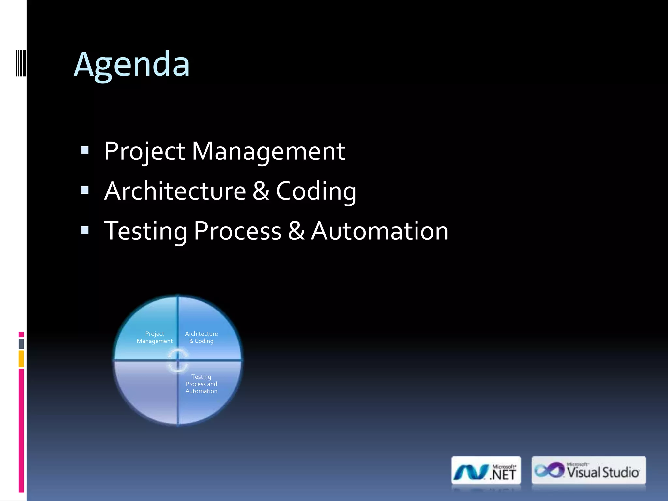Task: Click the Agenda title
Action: click(131, 65)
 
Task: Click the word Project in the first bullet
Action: click(144, 151)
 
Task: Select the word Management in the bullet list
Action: click(268, 151)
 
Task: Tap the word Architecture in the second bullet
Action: click(175, 191)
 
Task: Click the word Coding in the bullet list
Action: click(316, 191)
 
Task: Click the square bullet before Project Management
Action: click(84, 150)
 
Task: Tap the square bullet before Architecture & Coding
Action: click(84, 190)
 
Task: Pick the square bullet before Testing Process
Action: click(84, 230)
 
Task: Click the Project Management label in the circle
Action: click(155, 337)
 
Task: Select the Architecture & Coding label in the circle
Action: click(201, 337)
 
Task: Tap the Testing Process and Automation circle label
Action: click(201, 384)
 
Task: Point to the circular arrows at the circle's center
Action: click(178, 360)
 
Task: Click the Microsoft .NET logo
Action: click(486, 471)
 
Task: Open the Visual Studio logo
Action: click(588, 470)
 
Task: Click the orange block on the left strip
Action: click(21, 358)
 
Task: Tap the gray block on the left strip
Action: click(21, 343)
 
